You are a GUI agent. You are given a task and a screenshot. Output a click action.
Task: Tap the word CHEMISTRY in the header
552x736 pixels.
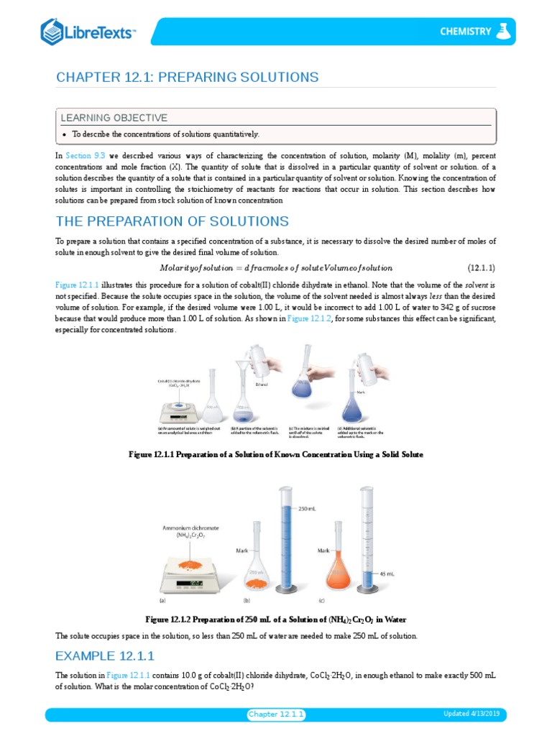pos(466,32)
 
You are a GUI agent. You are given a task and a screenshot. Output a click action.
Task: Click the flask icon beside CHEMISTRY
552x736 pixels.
pos(505,31)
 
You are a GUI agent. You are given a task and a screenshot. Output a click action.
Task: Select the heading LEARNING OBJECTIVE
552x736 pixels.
pos(114,118)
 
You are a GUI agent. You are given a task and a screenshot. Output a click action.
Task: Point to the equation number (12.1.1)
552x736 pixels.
pos(481,268)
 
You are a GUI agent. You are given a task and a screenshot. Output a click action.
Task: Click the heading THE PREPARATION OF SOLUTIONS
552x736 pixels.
pos(172,221)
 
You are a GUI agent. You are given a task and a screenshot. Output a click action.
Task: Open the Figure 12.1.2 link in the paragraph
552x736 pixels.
pos(309,319)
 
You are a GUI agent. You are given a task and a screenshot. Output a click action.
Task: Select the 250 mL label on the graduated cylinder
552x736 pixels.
pos(308,509)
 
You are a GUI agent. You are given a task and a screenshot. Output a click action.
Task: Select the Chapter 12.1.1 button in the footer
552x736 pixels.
pos(277,714)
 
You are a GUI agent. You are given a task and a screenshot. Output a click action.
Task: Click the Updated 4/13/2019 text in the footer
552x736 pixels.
pos(475,714)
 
